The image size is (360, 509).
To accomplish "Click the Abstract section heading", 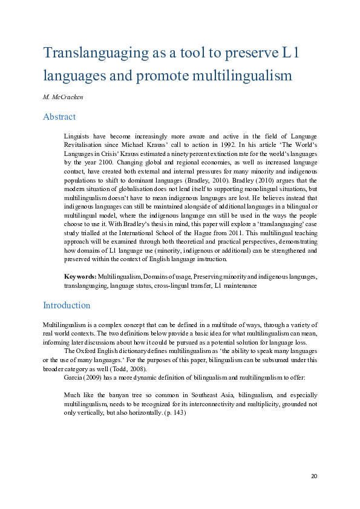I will tap(59, 117).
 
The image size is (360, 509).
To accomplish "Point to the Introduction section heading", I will tap(67, 305).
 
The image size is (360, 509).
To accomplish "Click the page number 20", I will tap(314, 477).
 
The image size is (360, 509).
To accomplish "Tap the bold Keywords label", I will tap(80, 276).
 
